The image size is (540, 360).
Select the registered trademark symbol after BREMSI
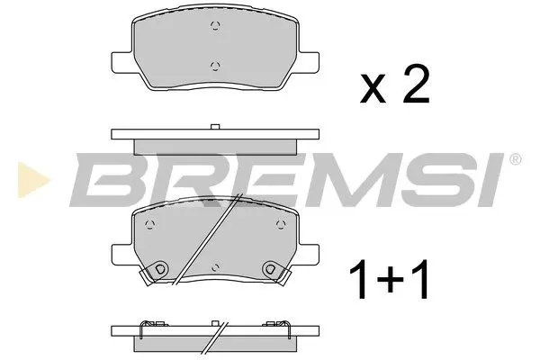pyautogui.click(x=515, y=160)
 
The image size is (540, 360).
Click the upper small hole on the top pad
pyautogui.click(x=214, y=26)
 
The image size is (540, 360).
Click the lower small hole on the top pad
pyautogui.click(x=214, y=65)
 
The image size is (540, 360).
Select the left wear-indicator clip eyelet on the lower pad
pyautogui.click(x=160, y=267)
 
